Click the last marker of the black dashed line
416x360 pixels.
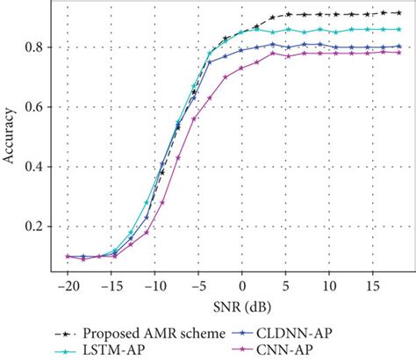pos(399,12)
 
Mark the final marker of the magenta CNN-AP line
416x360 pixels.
pos(399,52)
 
